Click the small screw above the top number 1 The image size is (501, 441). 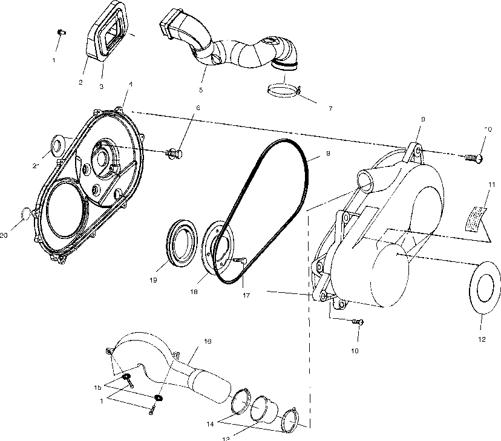(61, 33)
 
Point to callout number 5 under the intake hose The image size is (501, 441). (200, 90)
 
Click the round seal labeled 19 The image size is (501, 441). (182, 244)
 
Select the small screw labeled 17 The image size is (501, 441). (243, 261)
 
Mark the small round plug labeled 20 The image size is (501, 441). (24, 214)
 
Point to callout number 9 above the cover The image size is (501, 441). (422, 120)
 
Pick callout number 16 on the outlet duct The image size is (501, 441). (208, 341)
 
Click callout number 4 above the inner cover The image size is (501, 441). (131, 83)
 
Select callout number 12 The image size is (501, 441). (482, 339)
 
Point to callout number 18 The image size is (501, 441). (209, 292)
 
